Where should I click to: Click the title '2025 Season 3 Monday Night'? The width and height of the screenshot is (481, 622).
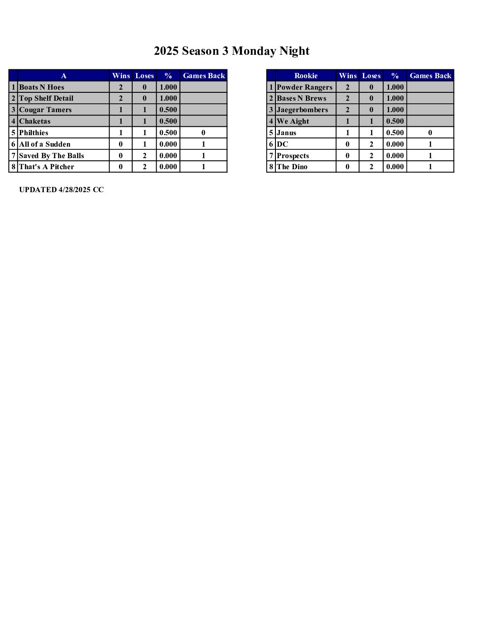point(231,51)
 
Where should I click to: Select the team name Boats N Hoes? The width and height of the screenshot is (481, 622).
point(42,87)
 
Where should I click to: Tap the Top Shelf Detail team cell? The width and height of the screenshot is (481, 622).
point(46,99)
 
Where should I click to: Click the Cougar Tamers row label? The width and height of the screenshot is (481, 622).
point(45,110)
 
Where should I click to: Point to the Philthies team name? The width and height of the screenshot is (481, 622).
point(34,133)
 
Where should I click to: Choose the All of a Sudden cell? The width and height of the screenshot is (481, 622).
point(45,144)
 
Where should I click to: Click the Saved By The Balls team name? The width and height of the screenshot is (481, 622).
point(51,156)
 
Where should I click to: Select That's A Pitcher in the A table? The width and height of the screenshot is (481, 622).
point(46,167)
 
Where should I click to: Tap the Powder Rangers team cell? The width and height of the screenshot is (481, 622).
point(304,87)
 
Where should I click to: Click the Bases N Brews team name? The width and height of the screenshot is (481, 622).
point(302,99)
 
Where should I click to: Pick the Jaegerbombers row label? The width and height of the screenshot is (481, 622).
point(302,110)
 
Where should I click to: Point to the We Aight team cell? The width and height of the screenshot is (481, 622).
point(293,121)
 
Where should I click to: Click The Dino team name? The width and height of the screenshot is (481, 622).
point(292,167)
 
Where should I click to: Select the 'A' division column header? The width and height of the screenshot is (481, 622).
point(64,76)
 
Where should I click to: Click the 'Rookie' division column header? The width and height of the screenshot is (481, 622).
point(305,76)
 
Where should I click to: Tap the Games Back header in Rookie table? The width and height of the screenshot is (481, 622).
point(430,76)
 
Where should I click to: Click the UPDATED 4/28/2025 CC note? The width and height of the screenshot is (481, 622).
point(61,190)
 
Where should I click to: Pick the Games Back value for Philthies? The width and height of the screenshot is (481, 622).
point(203,133)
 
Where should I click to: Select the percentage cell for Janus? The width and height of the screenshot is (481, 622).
point(395,133)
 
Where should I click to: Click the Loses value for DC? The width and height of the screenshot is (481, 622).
point(371,144)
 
